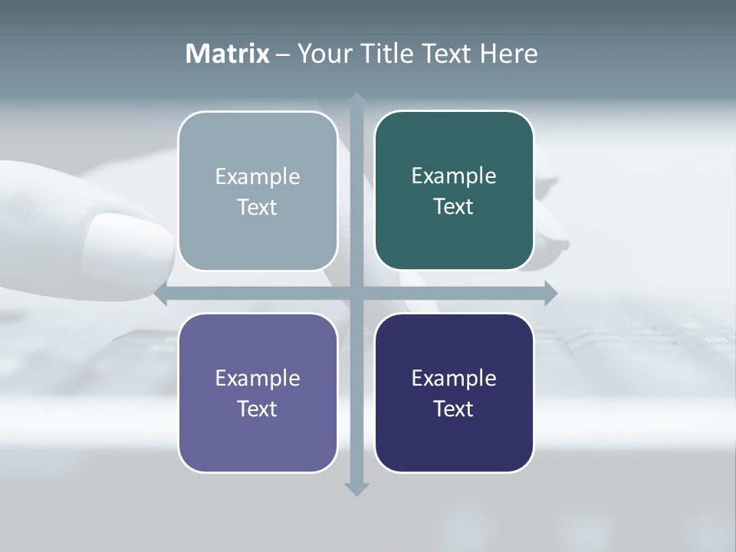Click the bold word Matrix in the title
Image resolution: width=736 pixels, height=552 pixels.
[227, 54]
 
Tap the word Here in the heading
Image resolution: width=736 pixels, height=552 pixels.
[508, 54]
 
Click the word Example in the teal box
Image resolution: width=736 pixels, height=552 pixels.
[454, 176]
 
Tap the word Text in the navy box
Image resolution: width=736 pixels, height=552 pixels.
[454, 409]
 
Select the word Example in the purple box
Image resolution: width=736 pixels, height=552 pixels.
[258, 378]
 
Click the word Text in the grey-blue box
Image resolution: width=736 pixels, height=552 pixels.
[258, 207]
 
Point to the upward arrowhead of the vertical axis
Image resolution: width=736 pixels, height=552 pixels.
[356, 99]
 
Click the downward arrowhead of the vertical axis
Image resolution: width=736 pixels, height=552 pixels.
[356, 489]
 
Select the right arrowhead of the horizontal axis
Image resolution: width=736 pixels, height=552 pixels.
[550, 294]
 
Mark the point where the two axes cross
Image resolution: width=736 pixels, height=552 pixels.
[356, 294]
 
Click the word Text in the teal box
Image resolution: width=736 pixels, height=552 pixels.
[454, 207]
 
